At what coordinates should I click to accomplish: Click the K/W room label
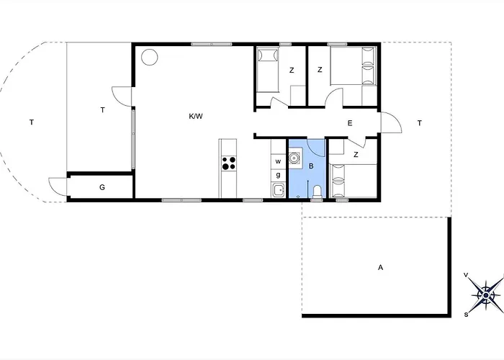(196, 116)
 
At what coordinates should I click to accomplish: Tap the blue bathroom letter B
(311, 166)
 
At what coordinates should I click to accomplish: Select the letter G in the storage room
(102, 187)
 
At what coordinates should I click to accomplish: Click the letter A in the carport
(381, 267)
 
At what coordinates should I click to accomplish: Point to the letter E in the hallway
(350, 123)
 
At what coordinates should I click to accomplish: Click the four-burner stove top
(229, 163)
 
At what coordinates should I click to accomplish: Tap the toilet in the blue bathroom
(317, 192)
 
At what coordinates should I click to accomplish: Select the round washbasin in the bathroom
(294, 158)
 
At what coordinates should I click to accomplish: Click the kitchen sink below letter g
(279, 190)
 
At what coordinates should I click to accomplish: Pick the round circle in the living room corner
(150, 57)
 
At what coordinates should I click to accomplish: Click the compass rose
(485, 294)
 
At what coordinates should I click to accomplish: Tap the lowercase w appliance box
(279, 162)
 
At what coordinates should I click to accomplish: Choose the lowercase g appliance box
(279, 176)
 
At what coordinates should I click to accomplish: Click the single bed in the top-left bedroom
(267, 70)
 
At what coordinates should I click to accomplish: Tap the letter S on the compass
(466, 315)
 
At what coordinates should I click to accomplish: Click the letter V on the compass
(466, 275)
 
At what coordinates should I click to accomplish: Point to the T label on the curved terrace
(32, 122)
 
